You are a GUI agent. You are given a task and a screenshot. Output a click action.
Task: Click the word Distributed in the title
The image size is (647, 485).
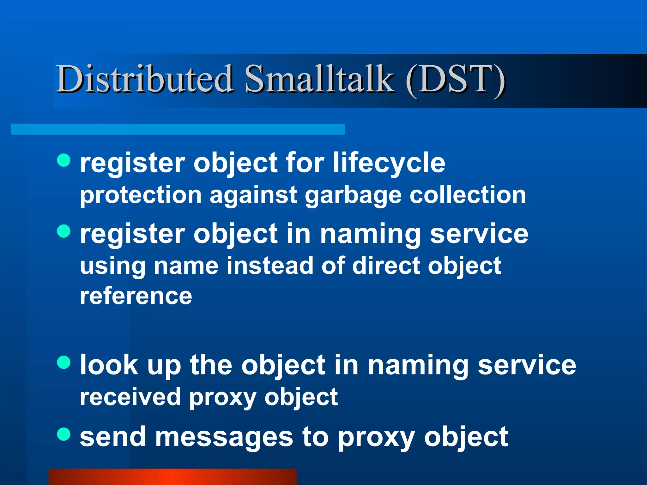144,79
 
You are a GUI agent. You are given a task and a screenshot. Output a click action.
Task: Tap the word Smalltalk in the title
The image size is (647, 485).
319,79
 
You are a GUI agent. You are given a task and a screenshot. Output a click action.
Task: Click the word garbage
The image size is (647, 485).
353,196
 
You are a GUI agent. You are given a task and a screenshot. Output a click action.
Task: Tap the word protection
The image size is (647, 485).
141,196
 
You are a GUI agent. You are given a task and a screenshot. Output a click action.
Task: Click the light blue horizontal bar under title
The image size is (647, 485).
178,129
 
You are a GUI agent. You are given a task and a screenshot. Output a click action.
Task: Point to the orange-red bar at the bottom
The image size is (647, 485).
172,477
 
